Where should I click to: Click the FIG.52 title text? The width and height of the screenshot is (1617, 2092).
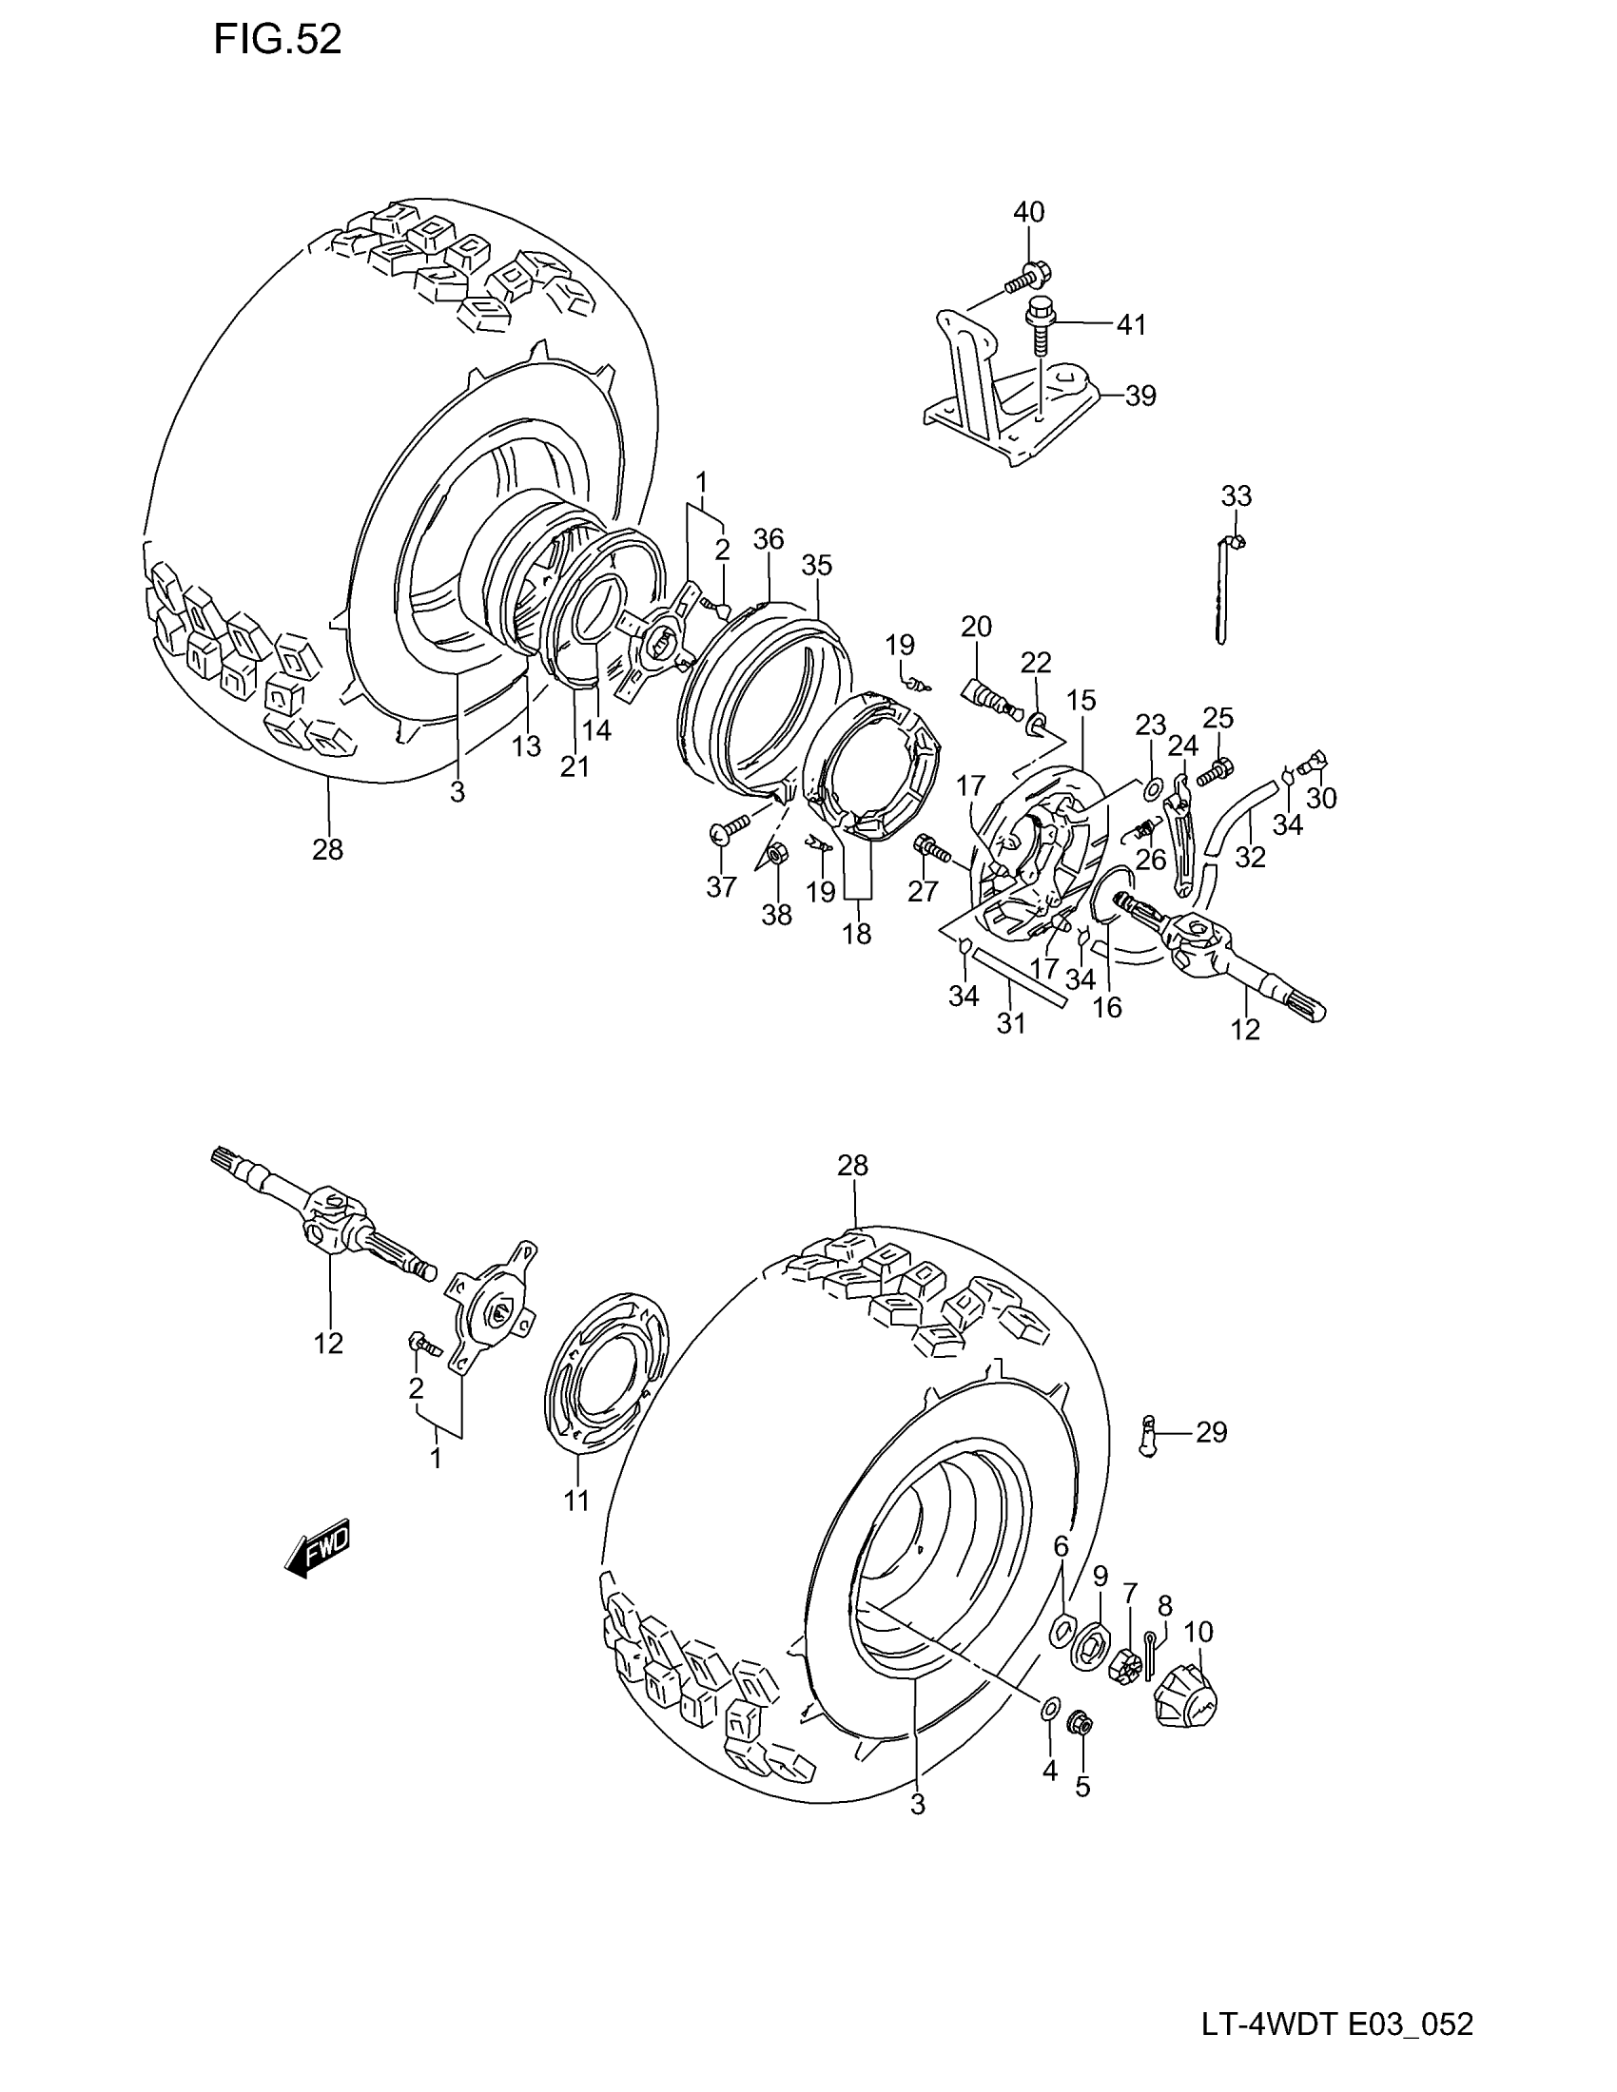coord(277,40)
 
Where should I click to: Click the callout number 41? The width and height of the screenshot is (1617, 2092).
coord(1130,324)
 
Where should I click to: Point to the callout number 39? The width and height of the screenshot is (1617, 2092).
coord(1140,396)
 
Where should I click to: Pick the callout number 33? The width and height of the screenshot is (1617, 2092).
coord(1236,496)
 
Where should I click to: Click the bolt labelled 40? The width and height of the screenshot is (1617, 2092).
coord(1024,279)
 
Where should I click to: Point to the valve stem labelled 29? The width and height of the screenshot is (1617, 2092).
coord(1151,1462)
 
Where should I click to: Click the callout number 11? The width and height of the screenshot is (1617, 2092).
coord(575,1501)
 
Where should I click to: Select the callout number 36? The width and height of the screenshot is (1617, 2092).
coord(769,539)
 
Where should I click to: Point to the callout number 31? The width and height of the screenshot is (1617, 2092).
coord(1010,1023)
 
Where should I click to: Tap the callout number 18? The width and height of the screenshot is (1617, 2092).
coord(856,933)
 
